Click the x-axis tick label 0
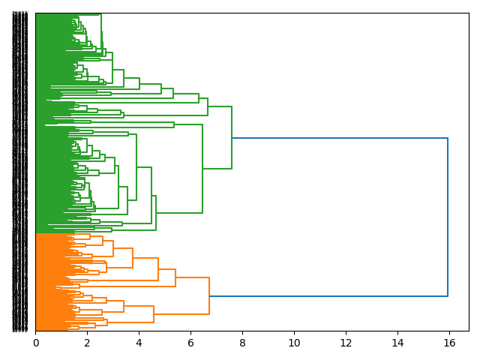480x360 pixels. [35, 343]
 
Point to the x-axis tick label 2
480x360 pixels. [87, 343]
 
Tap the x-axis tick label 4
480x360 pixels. [139, 343]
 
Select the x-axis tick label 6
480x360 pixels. [190, 343]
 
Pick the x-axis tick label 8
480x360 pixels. [242, 343]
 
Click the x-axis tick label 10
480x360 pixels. [294, 343]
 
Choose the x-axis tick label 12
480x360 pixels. [346, 343]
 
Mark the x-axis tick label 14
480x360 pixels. [397, 343]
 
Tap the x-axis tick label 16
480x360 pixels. [449, 343]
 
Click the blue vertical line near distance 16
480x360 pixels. [448, 217]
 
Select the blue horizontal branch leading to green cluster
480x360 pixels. [337, 138]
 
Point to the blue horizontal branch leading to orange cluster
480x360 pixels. [330, 296]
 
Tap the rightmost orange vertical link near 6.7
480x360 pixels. [209, 296]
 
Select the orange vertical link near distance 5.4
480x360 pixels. [175, 277]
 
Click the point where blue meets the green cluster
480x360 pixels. [232, 138]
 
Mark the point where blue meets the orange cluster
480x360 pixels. [209, 296]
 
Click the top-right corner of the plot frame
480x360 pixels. [469, 13]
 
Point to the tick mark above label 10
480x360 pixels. [294, 332]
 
